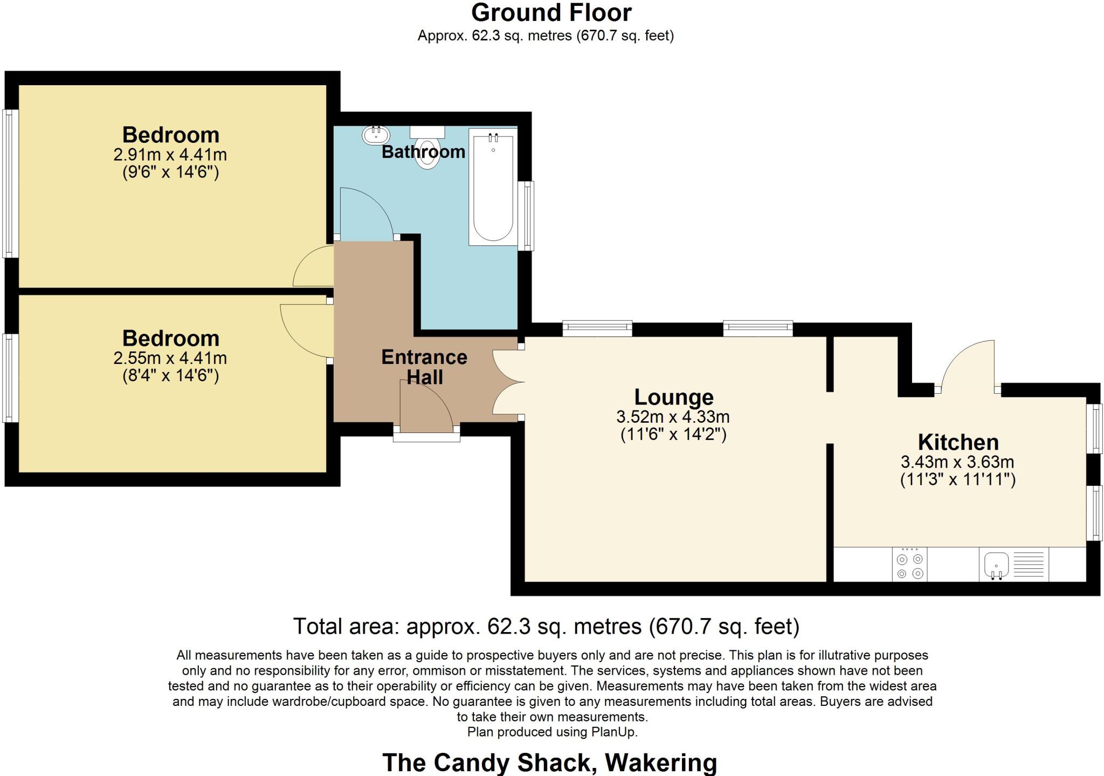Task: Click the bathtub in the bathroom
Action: pos(493,187)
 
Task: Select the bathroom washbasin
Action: pos(376,135)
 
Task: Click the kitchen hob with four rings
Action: pos(909,565)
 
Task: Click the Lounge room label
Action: pos(674,397)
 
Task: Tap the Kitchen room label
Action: pos(958,442)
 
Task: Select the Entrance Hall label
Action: pos(424,367)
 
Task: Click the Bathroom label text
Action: pos(423,152)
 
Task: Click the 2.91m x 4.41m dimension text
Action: pos(170,155)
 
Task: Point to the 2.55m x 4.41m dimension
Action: pos(170,358)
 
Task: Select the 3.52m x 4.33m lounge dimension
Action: pos(673,417)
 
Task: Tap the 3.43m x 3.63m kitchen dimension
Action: pos(957,462)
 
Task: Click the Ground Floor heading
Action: pos(551,12)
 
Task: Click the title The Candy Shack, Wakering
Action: pos(549,763)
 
